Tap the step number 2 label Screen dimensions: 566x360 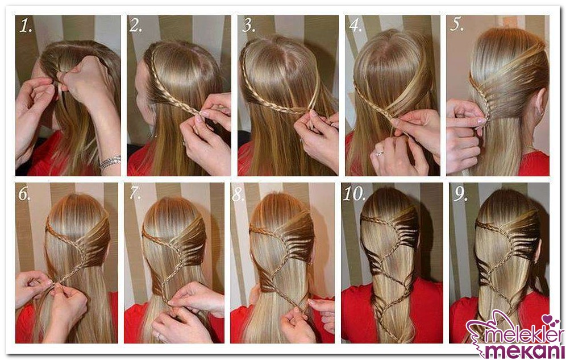click(136, 25)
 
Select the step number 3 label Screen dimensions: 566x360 click(249, 25)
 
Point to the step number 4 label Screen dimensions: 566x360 click(356, 25)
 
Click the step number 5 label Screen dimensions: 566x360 click(457, 24)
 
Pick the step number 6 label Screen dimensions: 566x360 click(24, 195)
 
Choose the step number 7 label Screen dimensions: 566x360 click(135, 193)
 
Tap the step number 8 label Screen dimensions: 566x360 click(238, 195)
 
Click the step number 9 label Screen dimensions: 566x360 click(461, 195)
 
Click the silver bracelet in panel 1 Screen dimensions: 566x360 click(110, 163)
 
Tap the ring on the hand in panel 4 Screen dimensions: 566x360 click(379, 154)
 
